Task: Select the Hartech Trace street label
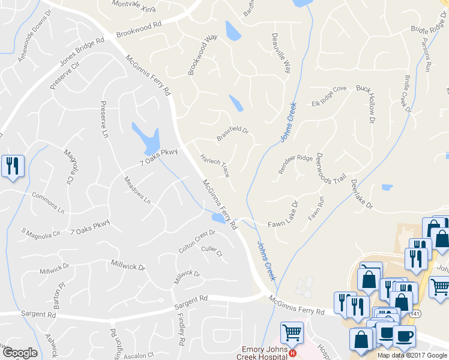[x=215, y=163]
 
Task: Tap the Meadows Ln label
[x=137, y=190]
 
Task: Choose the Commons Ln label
[x=48, y=203]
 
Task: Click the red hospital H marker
[x=292, y=353]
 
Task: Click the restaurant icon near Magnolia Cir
[x=12, y=166]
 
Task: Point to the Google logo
[x=19, y=353]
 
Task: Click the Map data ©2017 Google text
[x=412, y=355]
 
